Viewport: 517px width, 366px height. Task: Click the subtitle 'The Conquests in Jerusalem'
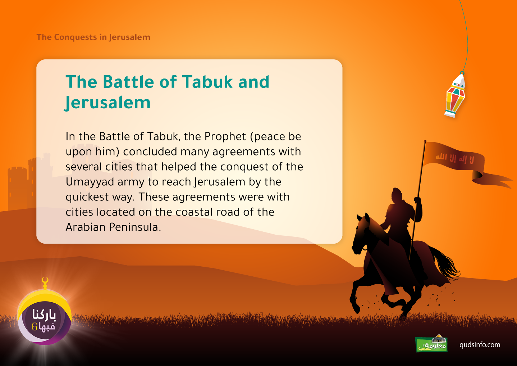(93, 37)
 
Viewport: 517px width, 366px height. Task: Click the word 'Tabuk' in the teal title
(207, 82)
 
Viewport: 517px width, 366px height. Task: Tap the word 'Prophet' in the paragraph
(225, 137)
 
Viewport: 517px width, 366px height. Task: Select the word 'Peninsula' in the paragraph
(135, 227)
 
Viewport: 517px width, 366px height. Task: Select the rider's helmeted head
(397, 195)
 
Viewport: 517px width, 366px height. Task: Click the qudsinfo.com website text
(480, 345)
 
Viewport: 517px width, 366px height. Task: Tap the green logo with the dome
(431, 343)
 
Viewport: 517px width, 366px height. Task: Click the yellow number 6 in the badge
(35, 327)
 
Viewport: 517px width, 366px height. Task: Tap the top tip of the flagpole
(425, 141)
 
